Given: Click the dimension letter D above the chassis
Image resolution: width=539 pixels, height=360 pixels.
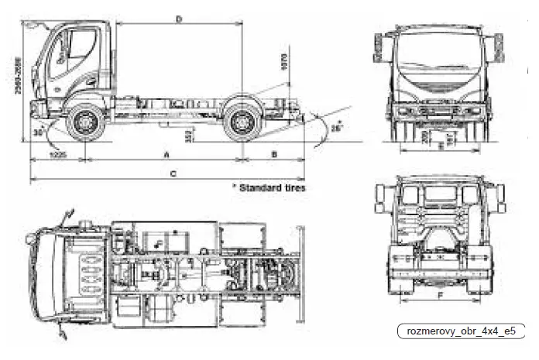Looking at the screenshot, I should [x=179, y=19].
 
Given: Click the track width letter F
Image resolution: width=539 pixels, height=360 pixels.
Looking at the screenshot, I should [x=439, y=295].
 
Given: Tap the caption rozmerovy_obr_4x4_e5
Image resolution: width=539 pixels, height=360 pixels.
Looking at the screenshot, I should [x=461, y=331].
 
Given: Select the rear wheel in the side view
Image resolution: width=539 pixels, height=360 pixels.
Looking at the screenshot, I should [x=241, y=122].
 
